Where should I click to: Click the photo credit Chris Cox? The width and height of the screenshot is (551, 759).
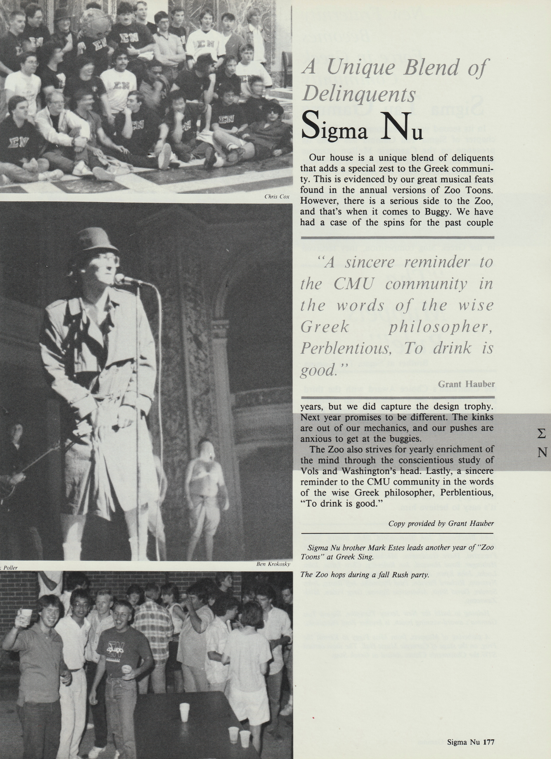click(x=277, y=197)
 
